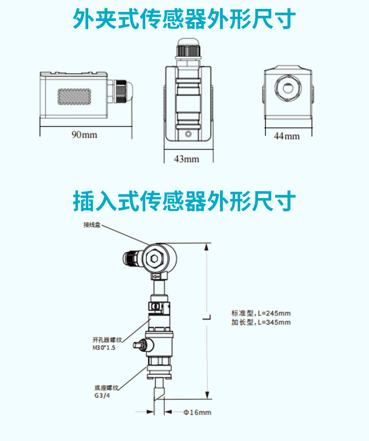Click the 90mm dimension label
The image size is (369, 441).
point(84,135)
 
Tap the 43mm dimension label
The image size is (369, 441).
point(186,159)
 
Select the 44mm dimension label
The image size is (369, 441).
point(286,136)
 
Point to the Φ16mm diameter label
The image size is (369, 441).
point(197,413)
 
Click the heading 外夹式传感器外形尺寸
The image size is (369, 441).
point(184,20)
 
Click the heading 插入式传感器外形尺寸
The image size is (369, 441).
point(184,201)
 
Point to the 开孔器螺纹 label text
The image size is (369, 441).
point(107,340)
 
